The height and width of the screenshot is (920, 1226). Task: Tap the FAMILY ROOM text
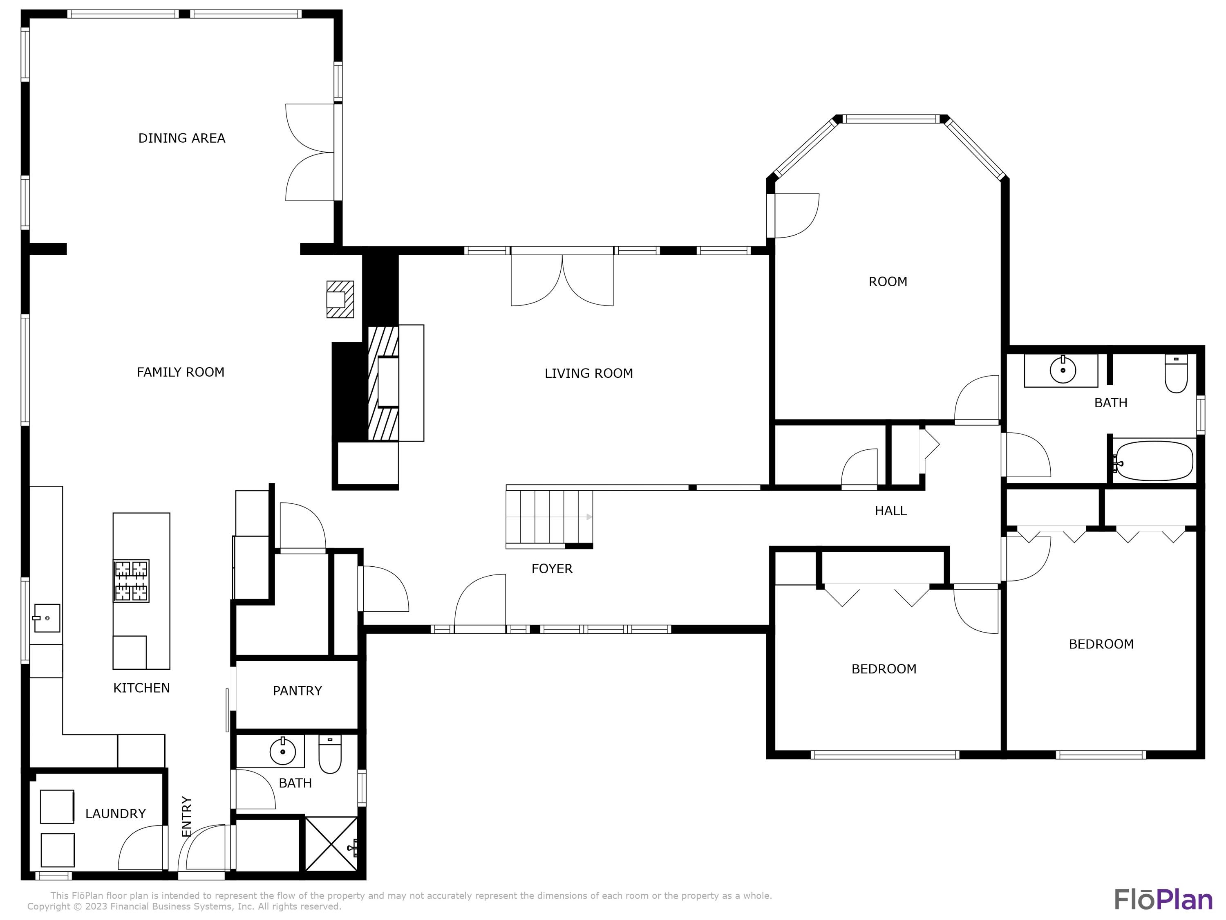coord(180,372)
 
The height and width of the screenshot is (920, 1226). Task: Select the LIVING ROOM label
coord(588,373)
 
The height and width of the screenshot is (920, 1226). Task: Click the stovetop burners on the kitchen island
coord(131,581)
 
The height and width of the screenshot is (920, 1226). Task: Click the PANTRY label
coord(297,691)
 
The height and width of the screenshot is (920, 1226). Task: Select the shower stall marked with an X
coord(331,844)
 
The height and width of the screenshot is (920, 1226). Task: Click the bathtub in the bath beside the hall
coord(1153,460)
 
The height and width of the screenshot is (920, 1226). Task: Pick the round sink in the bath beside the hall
coord(1062,370)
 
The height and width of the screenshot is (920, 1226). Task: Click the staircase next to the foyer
coord(549,517)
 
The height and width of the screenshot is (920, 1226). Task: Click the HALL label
coord(890,511)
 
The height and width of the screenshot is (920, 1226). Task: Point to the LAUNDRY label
coord(115,814)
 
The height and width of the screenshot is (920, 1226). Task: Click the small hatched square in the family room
coord(340,299)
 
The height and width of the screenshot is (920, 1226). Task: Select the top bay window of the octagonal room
coord(891,119)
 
